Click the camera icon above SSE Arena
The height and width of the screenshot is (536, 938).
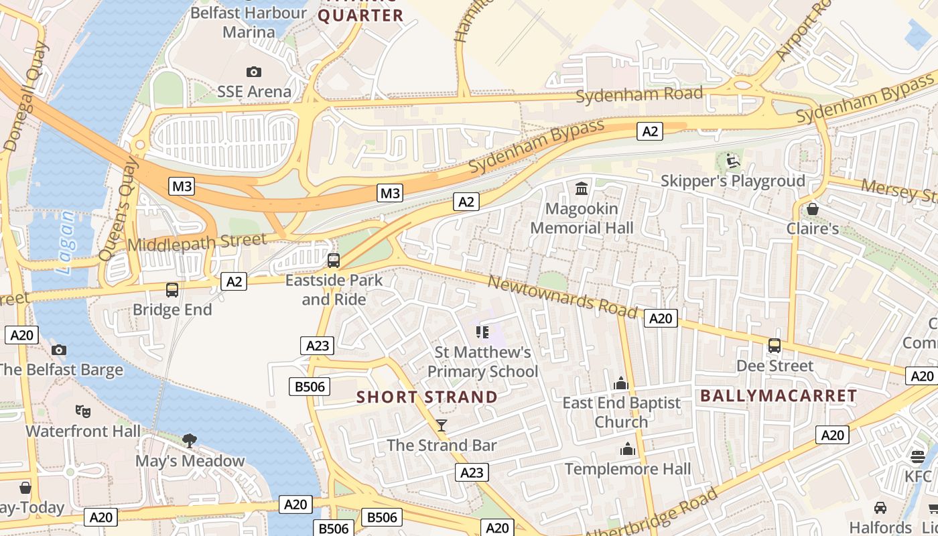pos(254,72)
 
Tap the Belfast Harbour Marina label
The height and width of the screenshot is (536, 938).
pos(249,22)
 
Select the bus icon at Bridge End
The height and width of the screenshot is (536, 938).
pos(172,290)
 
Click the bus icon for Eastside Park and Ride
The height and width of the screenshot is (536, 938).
pos(334,261)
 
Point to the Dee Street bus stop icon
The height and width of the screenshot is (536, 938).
pos(775,346)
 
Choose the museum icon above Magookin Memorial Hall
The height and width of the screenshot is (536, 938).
pos(582,189)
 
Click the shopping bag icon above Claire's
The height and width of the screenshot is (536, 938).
pos(813,209)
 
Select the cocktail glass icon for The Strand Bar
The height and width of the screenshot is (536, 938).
pos(442,425)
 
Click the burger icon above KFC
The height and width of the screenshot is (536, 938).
pos(918,457)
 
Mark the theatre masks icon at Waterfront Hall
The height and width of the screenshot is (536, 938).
pos(83,410)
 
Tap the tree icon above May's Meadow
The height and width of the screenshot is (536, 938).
pos(190,440)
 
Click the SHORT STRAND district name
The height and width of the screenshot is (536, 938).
pos(427,397)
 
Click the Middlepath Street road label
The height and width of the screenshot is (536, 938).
pos(196,242)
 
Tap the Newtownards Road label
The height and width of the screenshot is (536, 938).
pos(561,297)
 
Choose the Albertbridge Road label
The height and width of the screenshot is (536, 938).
pos(651,515)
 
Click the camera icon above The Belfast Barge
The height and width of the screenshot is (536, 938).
pos(59,350)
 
